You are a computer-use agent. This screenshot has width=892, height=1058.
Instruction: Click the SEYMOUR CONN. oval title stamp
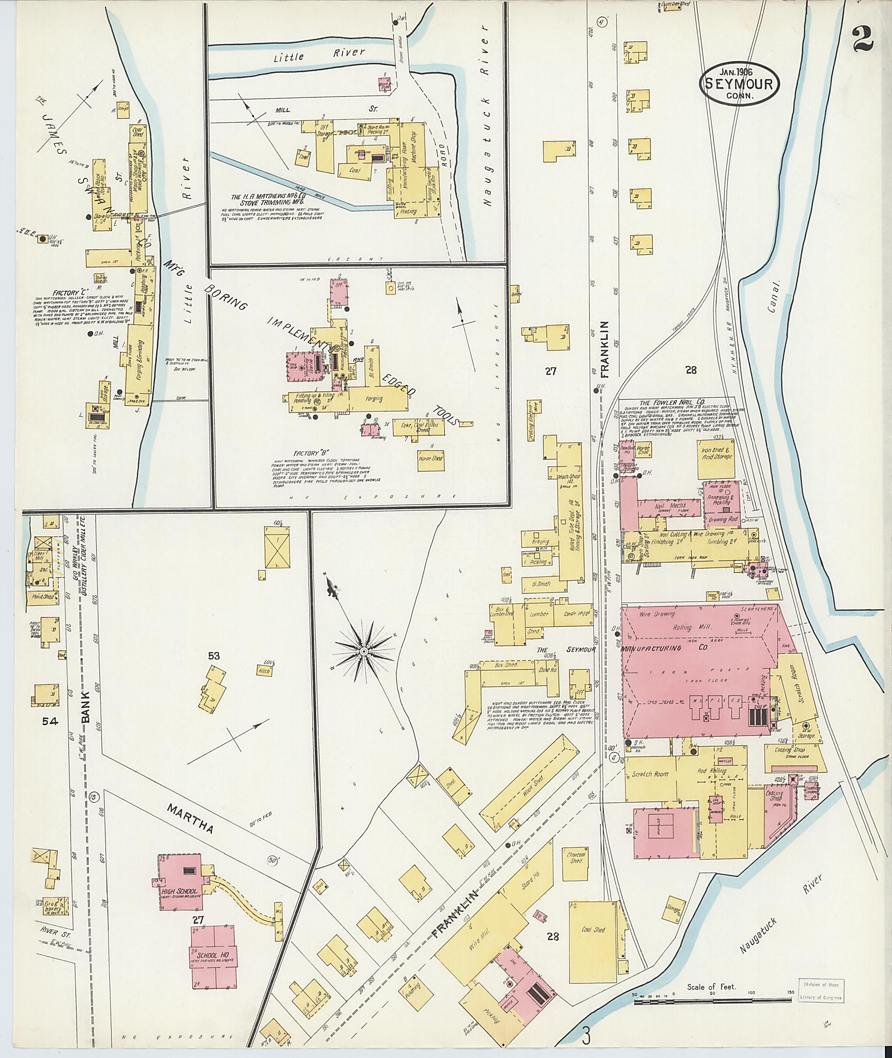tap(739, 85)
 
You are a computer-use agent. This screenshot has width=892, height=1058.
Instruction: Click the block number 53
tap(214, 656)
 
